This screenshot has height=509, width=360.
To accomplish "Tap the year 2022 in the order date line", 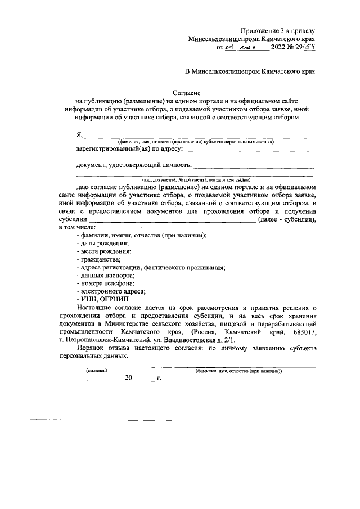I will tap(280, 48).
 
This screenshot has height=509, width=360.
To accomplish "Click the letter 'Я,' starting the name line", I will tap(79, 135).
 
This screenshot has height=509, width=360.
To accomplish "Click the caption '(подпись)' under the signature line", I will tap(96, 371).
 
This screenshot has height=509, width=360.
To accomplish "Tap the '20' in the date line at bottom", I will tap(129, 379).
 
